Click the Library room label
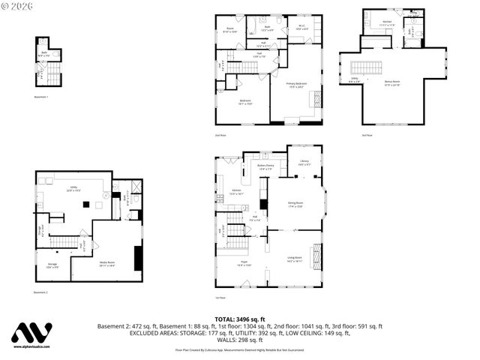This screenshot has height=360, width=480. (304, 163)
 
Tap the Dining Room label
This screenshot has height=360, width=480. (295, 203)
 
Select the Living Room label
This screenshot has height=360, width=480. (294, 259)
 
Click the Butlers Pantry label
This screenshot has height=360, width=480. (265, 166)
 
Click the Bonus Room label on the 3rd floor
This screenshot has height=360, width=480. (392, 85)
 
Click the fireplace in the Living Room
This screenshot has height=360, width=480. (317, 258)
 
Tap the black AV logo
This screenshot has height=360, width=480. (31, 333)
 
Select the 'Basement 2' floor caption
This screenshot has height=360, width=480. (41, 292)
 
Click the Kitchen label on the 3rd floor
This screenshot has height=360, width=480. (387, 23)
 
